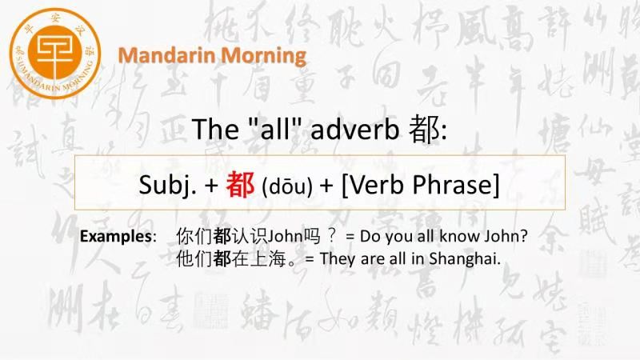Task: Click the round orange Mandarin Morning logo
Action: (55, 54)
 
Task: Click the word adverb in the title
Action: (354, 129)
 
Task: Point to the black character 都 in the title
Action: (425, 129)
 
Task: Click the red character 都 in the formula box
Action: (241, 185)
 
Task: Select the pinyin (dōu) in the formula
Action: (287, 186)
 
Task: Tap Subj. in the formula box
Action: (168, 185)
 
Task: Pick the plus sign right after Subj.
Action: (212, 186)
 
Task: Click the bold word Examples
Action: (115, 236)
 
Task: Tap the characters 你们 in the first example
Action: (194, 236)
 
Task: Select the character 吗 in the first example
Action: (311, 236)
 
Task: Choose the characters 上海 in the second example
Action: (267, 258)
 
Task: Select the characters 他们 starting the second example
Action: (194, 258)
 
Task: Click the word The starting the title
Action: (215, 129)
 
